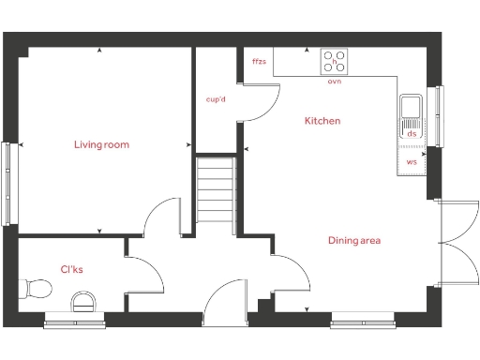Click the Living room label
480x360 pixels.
[x=101, y=144]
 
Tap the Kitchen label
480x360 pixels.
[x=322, y=121]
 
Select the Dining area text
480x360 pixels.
[x=353, y=241]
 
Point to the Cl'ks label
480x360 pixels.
[x=72, y=269]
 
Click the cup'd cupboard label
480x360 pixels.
[x=216, y=98]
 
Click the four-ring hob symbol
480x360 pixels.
[x=334, y=62]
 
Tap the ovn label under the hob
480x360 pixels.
[x=334, y=82]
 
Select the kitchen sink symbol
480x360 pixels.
[x=411, y=109]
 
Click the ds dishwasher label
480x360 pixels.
[x=412, y=134]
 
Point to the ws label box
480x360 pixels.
[x=412, y=161]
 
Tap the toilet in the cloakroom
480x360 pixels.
[x=37, y=287]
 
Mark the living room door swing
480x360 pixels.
[x=161, y=215]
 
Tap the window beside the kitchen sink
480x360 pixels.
[x=436, y=115]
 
